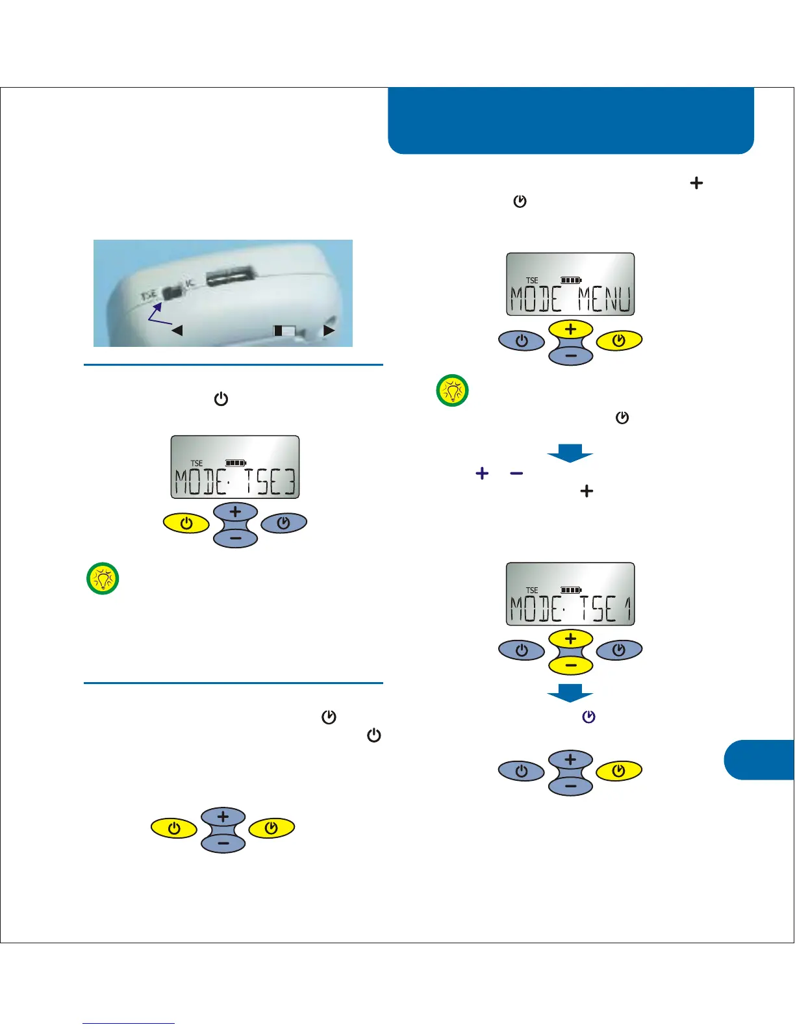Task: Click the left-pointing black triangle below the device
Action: pos(176,331)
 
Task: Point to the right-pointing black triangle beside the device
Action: pos(329,330)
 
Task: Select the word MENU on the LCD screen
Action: pos(604,300)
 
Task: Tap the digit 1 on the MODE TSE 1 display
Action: pos(627,609)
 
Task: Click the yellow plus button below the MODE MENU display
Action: pos(570,329)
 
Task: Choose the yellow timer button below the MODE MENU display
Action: pos(619,340)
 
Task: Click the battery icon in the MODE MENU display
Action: pos(571,281)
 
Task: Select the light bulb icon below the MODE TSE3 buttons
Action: pos(103,578)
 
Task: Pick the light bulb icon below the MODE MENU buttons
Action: pos(452,390)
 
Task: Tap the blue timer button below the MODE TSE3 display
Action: pos(284,523)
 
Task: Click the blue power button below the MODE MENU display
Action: pos(522,340)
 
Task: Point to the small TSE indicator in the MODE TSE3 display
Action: pos(197,463)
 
